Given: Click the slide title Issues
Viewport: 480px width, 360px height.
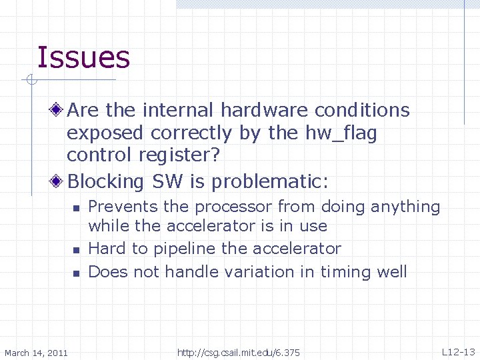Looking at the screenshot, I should click(x=83, y=57).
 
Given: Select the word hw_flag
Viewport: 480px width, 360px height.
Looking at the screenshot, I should click(x=342, y=133).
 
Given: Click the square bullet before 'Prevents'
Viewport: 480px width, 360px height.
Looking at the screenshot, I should click(x=76, y=209).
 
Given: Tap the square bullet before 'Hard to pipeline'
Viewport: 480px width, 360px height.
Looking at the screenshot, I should click(x=76, y=251).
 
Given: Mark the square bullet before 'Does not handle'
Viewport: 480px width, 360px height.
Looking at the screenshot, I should click(x=76, y=273).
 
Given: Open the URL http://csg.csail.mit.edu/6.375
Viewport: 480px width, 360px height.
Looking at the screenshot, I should click(x=239, y=352).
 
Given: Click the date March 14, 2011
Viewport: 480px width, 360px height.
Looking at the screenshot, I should click(x=36, y=352).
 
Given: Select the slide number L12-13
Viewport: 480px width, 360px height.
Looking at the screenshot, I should click(x=458, y=351).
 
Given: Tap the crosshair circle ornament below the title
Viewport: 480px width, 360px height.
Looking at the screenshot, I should click(x=31, y=81).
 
